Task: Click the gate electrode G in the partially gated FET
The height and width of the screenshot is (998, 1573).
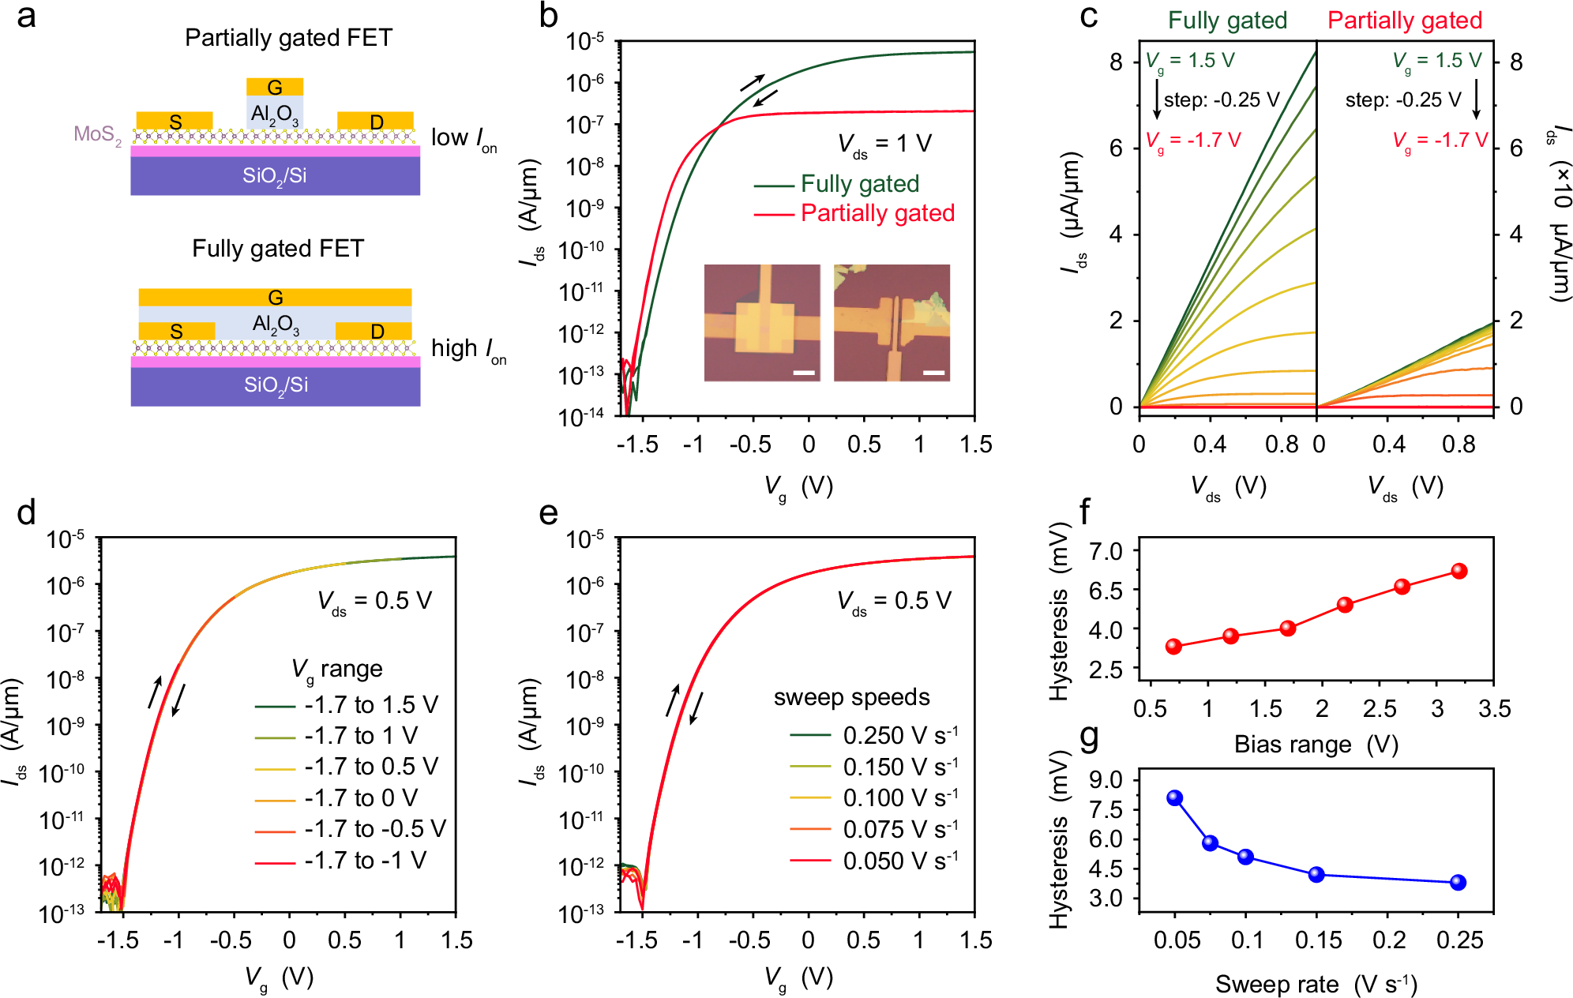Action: pos(275,87)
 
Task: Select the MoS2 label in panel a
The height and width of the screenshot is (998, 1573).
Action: pos(97,134)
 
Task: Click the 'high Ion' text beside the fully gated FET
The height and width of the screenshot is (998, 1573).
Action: pos(467,349)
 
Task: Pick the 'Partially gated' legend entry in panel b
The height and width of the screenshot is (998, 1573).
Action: pos(877,213)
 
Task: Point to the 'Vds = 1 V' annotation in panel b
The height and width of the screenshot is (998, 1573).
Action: pos(884,144)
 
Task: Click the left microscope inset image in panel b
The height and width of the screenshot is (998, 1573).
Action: pos(761,322)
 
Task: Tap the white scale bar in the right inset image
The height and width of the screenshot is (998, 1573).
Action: pos(933,372)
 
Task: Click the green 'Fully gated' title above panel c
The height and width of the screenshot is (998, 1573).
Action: pos(1227,21)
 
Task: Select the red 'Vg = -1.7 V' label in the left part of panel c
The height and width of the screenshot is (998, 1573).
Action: pos(1192,141)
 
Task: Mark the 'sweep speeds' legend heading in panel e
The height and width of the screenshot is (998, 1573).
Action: pos(851,697)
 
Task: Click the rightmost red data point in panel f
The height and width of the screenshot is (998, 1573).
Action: pos(1459,571)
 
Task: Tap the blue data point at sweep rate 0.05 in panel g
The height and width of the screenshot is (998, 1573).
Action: pos(1174,797)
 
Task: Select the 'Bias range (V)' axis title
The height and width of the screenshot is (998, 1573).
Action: pos(1316,745)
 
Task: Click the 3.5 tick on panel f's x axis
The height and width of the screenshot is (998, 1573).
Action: pos(1494,708)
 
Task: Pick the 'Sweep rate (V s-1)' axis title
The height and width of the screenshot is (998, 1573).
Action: pos(1316,984)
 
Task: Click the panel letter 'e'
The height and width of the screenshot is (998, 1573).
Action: pos(548,513)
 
